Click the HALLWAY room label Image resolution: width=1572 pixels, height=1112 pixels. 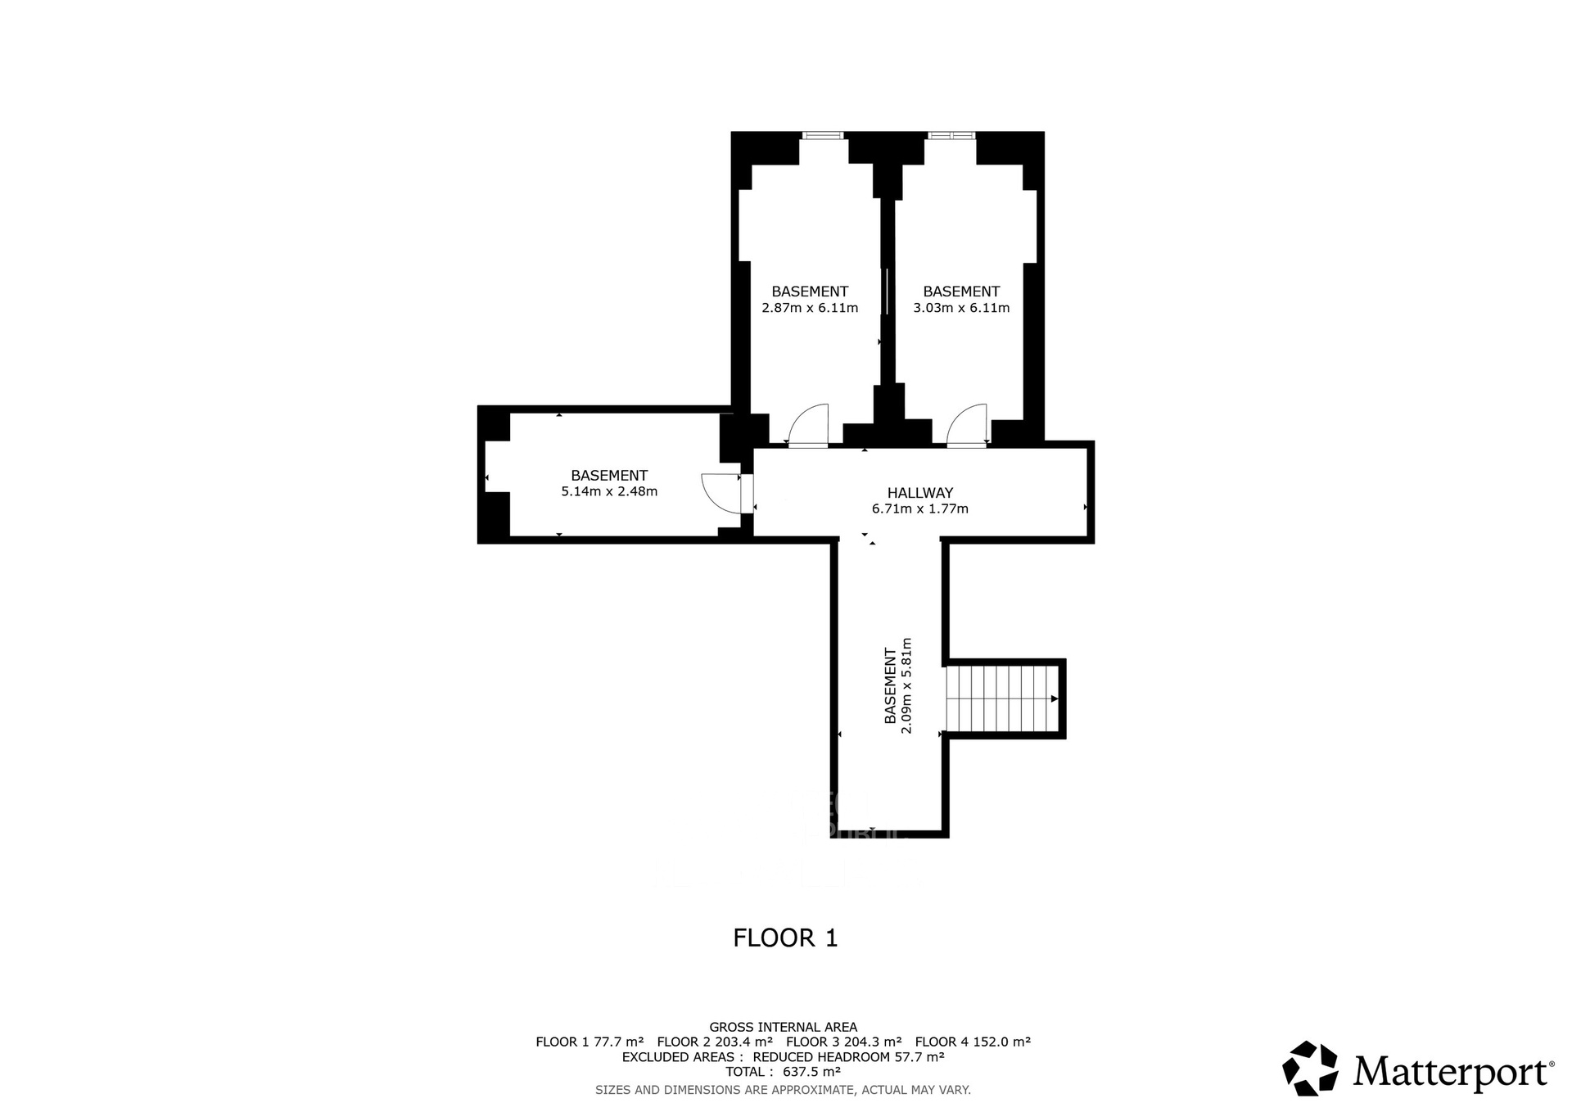coord(920,493)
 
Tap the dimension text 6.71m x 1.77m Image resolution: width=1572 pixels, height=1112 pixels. coord(920,509)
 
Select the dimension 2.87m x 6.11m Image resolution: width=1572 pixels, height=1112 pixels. coord(810,308)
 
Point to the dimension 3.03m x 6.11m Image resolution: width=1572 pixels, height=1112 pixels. coord(961,308)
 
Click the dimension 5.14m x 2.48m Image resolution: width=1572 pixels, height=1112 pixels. coord(609,492)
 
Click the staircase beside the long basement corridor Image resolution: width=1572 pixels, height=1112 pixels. coord(1002,698)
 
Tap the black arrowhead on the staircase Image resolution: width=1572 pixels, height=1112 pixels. coord(1055,698)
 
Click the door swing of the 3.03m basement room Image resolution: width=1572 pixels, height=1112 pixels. coord(967,425)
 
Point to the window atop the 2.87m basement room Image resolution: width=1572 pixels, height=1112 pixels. coord(822,136)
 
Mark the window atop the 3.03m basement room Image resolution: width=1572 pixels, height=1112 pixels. coord(951,136)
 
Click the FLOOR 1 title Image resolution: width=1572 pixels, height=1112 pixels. coord(786,938)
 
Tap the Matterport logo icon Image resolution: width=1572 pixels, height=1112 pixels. coord(1311,1068)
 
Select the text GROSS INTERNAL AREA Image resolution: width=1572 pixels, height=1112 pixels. coord(784,1027)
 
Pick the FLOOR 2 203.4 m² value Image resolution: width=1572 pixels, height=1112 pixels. coord(715,1042)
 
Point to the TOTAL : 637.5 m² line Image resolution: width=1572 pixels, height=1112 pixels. coord(784,1072)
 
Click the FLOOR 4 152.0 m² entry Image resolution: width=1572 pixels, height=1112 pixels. coord(973,1042)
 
